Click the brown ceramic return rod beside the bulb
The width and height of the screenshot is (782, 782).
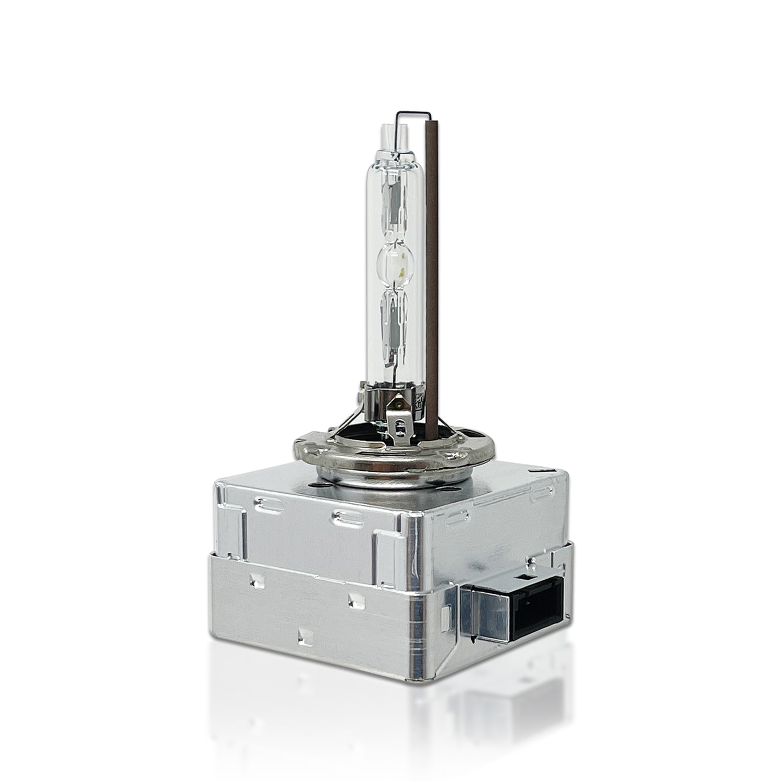[432, 261]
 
